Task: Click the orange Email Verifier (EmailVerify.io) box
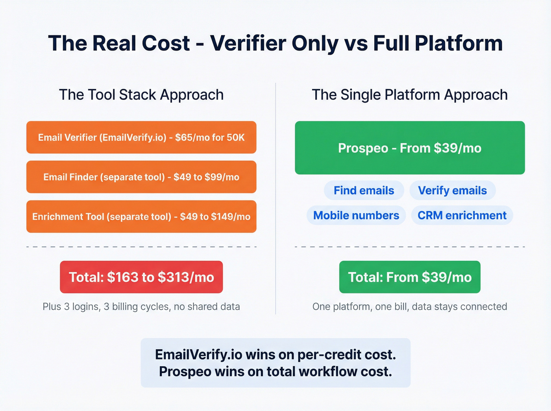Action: click(141, 137)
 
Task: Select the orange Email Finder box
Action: click(141, 177)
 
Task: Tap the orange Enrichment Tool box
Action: click(141, 217)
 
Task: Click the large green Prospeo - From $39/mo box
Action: click(410, 148)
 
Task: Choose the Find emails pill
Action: click(364, 190)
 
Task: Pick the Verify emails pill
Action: click(452, 190)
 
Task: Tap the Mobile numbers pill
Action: click(356, 216)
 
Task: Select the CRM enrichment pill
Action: click(462, 216)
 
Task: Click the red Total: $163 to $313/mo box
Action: click(141, 277)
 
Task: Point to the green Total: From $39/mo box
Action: click(410, 277)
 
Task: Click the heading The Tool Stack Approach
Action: click(141, 95)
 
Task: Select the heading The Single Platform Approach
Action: click(410, 95)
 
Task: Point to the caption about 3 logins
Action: click(141, 307)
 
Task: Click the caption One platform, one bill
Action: click(410, 307)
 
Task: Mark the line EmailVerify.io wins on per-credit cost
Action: click(275, 354)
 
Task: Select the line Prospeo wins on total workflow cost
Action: click(275, 372)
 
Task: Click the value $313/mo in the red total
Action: click(186, 277)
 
